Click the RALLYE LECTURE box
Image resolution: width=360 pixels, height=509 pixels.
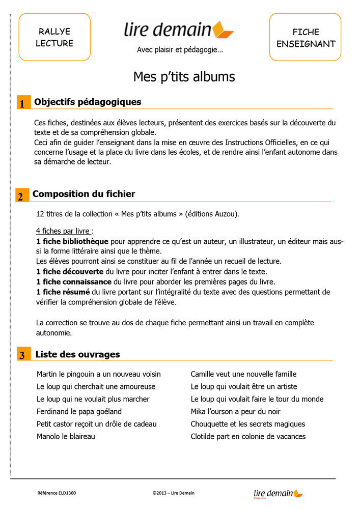(x=54, y=37)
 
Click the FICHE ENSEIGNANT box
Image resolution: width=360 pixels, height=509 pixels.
(x=306, y=37)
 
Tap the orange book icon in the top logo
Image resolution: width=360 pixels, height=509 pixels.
(x=223, y=30)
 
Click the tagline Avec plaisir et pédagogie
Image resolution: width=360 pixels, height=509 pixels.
(x=180, y=50)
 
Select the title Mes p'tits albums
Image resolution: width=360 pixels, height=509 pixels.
(x=184, y=77)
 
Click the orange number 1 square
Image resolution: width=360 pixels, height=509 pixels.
(x=23, y=103)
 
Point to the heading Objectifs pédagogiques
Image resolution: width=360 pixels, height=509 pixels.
(x=88, y=102)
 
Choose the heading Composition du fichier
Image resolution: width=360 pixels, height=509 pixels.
(x=84, y=194)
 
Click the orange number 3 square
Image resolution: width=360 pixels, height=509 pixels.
(x=23, y=355)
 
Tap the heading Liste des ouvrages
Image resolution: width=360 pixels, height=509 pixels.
(x=77, y=354)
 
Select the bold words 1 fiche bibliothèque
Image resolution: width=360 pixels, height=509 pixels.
(x=72, y=241)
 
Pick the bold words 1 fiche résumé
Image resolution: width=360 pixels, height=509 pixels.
(x=63, y=292)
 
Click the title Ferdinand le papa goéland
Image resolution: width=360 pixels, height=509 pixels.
(x=79, y=411)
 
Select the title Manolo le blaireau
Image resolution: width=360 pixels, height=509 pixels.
(x=66, y=436)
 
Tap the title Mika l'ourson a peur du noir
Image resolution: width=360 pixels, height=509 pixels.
(x=236, y=411)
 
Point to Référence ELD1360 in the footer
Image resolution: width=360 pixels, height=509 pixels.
(x=57, y=493)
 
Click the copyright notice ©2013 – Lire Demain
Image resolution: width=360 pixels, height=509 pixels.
(x=173, y=493)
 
